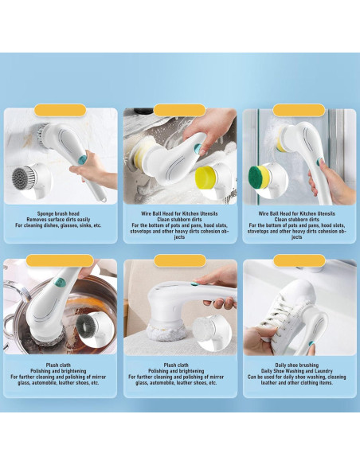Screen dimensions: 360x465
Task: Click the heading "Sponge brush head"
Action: pyautogui.click(x=58, y=213)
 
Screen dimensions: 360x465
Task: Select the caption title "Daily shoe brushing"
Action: pyautogui.click(x=296, y=365)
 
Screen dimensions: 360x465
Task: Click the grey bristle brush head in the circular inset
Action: pyautogui.click(x=24, y=178)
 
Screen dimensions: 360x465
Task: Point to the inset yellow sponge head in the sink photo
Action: pyautogui.click(x=205, y=178)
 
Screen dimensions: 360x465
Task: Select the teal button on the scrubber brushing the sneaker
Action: pyautogui.click(x=311, y=343)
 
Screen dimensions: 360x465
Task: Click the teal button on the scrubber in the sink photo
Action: pyautogui.click(x=198, y=147)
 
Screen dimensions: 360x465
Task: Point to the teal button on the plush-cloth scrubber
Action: pyautogui.click(x=194, y=283)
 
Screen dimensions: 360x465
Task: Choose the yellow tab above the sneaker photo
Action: pyautogui.click(x=299, y=260)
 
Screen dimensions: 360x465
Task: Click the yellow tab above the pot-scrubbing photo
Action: pyautogui.click(x=60, y=260)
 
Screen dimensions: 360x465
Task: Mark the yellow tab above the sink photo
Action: pyautogui.click(x=180, y=111)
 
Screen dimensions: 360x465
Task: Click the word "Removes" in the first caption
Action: pyautogui.click(x=36, y=220)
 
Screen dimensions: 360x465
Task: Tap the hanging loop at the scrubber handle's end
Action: pyautogui.click(x=103, y=198)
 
